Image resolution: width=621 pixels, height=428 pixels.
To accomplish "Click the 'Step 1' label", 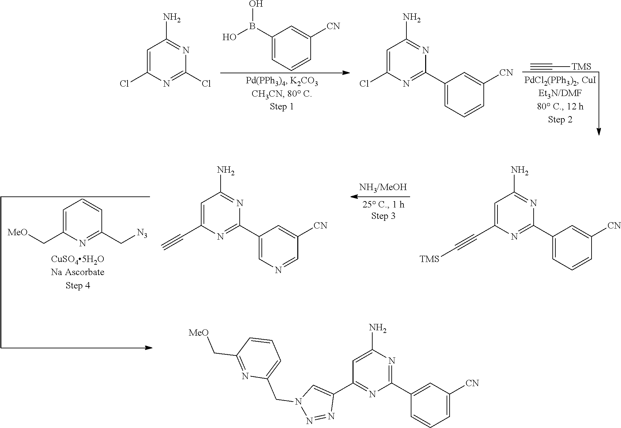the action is [282, 107].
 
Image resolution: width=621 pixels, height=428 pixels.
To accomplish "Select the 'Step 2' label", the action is [560, 119].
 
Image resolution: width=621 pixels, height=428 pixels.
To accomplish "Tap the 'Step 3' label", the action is [383, 216].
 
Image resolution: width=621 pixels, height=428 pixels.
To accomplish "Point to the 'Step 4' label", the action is [78, 285].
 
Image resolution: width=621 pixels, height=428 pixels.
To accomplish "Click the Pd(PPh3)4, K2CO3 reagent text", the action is [282, 82].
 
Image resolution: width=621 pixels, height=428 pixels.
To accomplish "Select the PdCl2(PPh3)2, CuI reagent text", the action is [560, 81].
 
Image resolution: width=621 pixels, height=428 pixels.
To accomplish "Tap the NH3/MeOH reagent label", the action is [383, 187].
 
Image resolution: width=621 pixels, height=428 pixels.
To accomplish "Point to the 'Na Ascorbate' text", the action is [78, 272].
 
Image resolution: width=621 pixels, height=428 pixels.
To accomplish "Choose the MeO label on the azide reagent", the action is [18, 232].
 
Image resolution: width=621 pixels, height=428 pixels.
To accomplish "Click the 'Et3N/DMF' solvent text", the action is [560, 93].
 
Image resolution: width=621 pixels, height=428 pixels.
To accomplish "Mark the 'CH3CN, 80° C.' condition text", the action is [282, 94].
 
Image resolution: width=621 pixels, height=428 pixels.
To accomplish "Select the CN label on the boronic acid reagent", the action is [333, 26].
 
